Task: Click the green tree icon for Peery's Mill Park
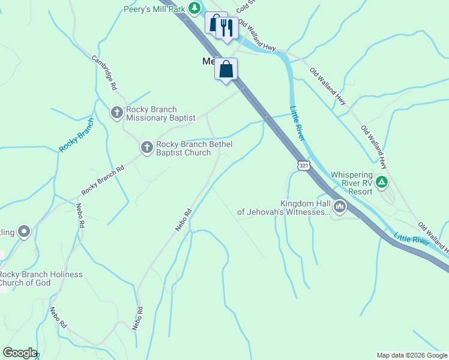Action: [x=194, y=8]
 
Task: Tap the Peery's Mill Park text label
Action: [x=155, y=8]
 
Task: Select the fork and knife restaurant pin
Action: [x=226, y=27]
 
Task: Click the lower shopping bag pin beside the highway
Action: [x=226, y=70]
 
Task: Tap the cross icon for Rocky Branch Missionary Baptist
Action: [x=117, y=112]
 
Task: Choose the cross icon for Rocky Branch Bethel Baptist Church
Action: [x=147, y=147]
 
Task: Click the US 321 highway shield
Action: [x=304, y=165]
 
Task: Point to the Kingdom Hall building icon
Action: [x=340, y=208]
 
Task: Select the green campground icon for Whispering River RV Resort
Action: [x=382, y=182]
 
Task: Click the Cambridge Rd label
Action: [x=104, y=73]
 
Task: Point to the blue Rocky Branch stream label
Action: [x=76, y=134]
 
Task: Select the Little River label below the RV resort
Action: [x=412, y=237]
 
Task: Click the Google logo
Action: [x=20, y=353]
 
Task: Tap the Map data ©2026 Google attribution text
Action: [x=412, y=355]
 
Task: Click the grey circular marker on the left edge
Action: [x=24, y=231]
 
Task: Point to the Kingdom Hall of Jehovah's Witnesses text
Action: [x=283, y=208]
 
